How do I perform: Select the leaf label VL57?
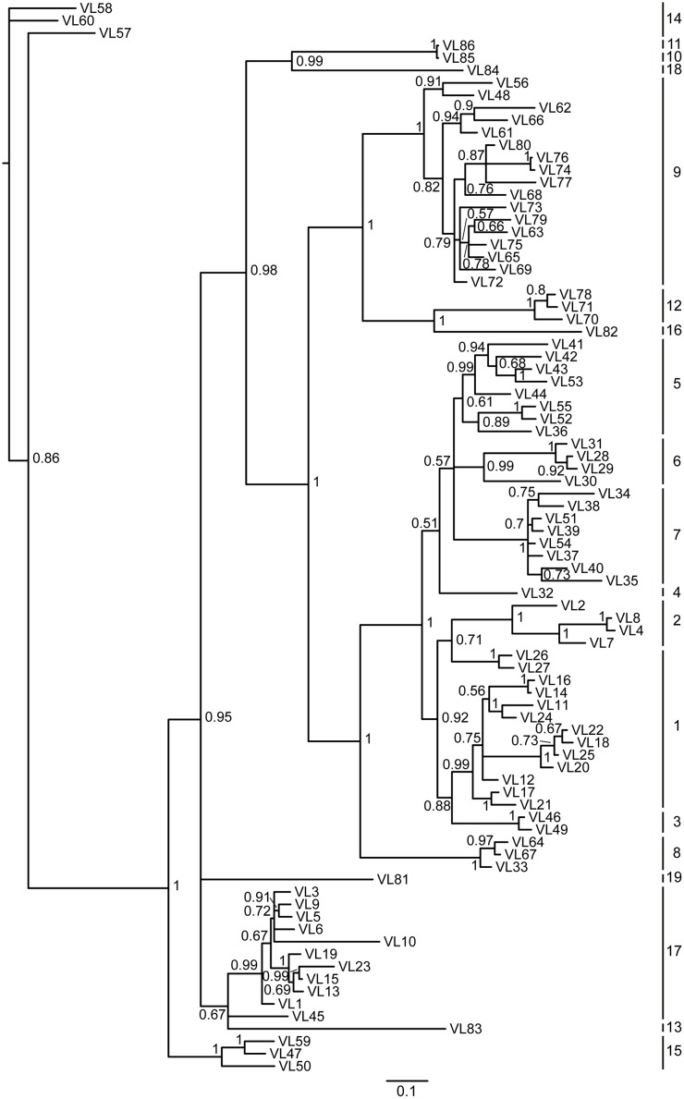(x=116, y=33)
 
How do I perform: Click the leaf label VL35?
(x=624, y=580)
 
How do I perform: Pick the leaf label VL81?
(x=395, y=879)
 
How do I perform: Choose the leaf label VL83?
(x=468, y=1028)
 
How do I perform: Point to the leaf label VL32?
(x=541, y=592)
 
